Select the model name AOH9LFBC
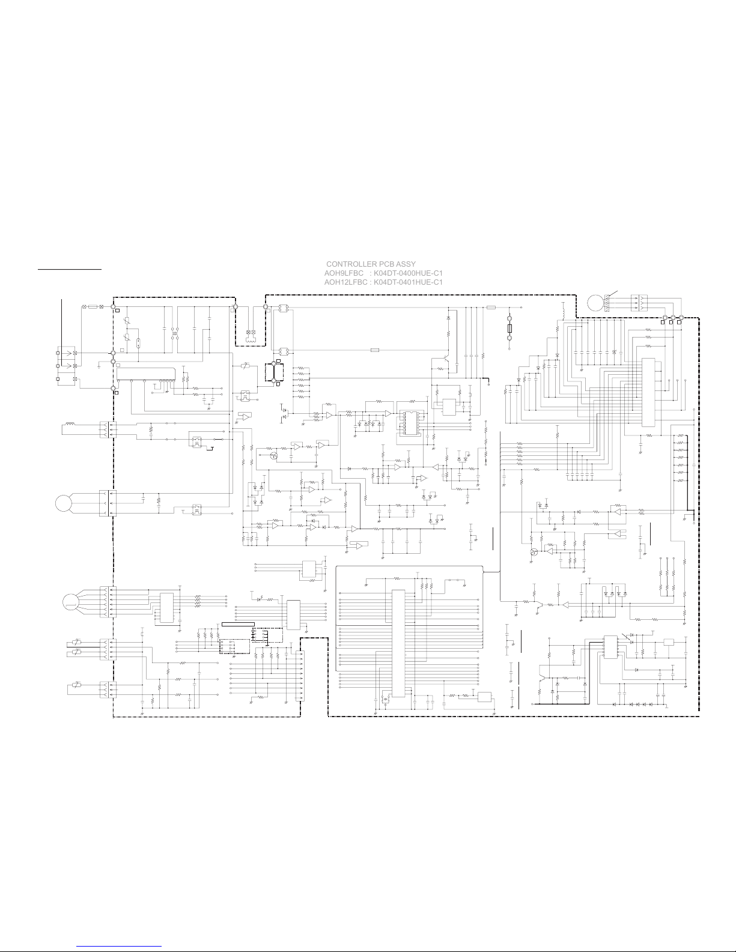[344, 273]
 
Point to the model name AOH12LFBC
[345, 282]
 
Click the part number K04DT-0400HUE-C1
[408, 273]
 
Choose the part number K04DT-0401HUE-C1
[408, 282]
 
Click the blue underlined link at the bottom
[119, 947]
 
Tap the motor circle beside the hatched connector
[595, 303]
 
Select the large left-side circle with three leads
[64, 503]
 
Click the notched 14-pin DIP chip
[410, 423]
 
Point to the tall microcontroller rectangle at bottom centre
[398, 643]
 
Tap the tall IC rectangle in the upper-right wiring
[648, 392]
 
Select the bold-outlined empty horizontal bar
[239, 624]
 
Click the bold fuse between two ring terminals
[509, 329]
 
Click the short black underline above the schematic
[70, 269]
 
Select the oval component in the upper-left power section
[138, 342]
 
